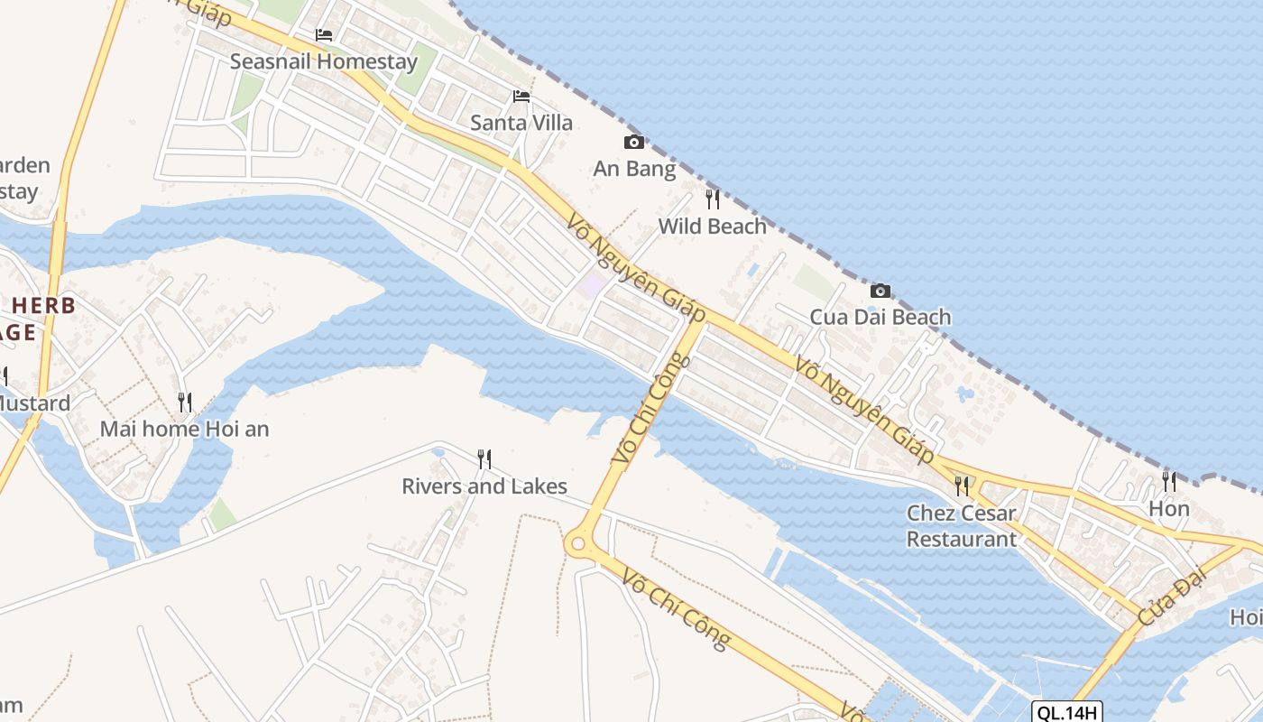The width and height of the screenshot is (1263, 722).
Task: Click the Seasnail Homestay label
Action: coord(324,61)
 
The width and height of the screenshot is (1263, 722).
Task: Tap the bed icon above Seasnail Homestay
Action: coord(324,35)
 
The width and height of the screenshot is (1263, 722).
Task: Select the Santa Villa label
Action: coord(521,123)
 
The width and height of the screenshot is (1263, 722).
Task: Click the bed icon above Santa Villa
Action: coord(521,97)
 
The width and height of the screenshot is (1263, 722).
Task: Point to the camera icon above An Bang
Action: coord(634,142)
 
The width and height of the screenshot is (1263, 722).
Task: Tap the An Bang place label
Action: coord(634,169)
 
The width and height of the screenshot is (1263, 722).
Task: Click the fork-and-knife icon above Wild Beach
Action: coord(713,199)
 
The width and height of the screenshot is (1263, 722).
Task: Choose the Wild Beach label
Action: coord(713,226)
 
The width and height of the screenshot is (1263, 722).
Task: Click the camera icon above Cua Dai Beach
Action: coord(880,291)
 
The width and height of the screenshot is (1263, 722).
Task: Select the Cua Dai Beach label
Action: coord(880,317)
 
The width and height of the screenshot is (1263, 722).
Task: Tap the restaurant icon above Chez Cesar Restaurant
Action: coord(962,486)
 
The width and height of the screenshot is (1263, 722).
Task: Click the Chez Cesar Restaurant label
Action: coord(962,526)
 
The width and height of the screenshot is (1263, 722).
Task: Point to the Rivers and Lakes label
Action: coord(484,486)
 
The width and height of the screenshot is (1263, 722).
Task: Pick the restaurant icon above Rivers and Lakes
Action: coord(484,459)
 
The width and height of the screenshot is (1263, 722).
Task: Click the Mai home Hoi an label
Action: coord(184,429)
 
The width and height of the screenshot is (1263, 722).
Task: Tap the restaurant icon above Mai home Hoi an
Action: coord(184,403)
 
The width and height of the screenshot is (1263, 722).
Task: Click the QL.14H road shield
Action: coord(1067,713)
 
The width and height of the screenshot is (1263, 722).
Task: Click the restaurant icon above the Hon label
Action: coord(1169,481)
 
